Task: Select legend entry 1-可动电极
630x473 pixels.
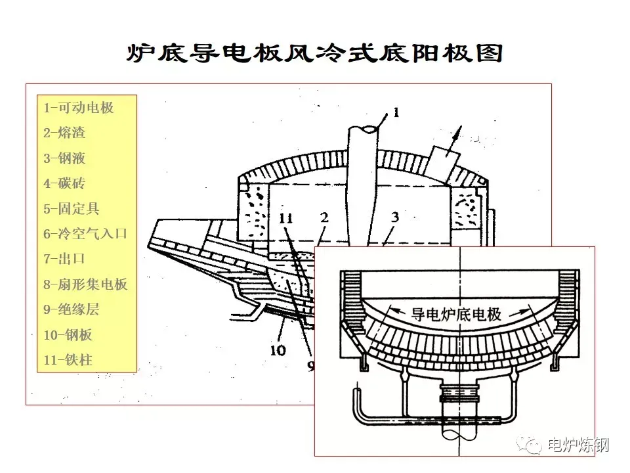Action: click(x=78, y=108)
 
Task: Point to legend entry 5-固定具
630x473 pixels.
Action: click(x=72, y=209)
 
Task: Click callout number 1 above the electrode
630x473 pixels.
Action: click(x=396, y=112)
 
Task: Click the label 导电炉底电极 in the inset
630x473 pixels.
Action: click(x=455, y=314)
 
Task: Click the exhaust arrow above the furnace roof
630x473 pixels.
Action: click(x=459, y=135)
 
